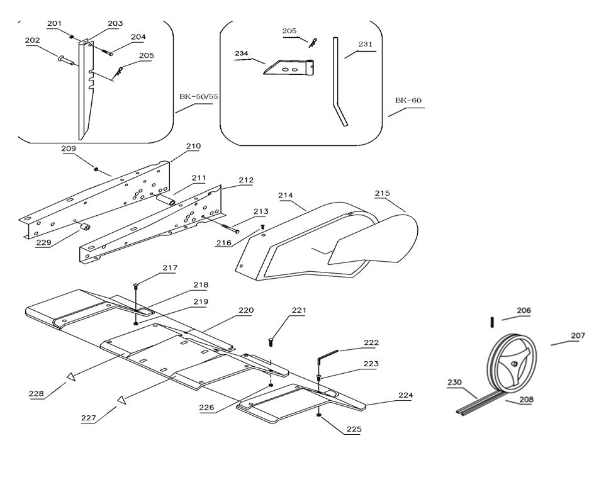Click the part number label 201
54,24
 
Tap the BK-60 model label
408,101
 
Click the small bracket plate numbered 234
289,67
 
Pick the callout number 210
193,147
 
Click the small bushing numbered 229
86,227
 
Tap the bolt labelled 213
228,227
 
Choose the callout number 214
286,196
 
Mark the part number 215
382,194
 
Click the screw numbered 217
136,287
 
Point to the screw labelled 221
271,342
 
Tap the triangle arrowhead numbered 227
121,400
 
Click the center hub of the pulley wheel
515,364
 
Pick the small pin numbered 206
491,322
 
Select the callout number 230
454,382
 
